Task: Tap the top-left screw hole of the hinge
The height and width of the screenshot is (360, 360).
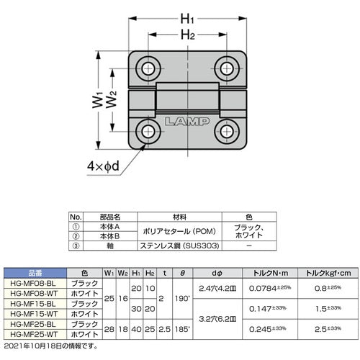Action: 150,68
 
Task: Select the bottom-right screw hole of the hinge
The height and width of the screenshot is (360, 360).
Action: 227,131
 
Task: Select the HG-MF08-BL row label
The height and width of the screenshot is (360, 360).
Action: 35,284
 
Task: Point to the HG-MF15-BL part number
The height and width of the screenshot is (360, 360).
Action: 35,303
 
